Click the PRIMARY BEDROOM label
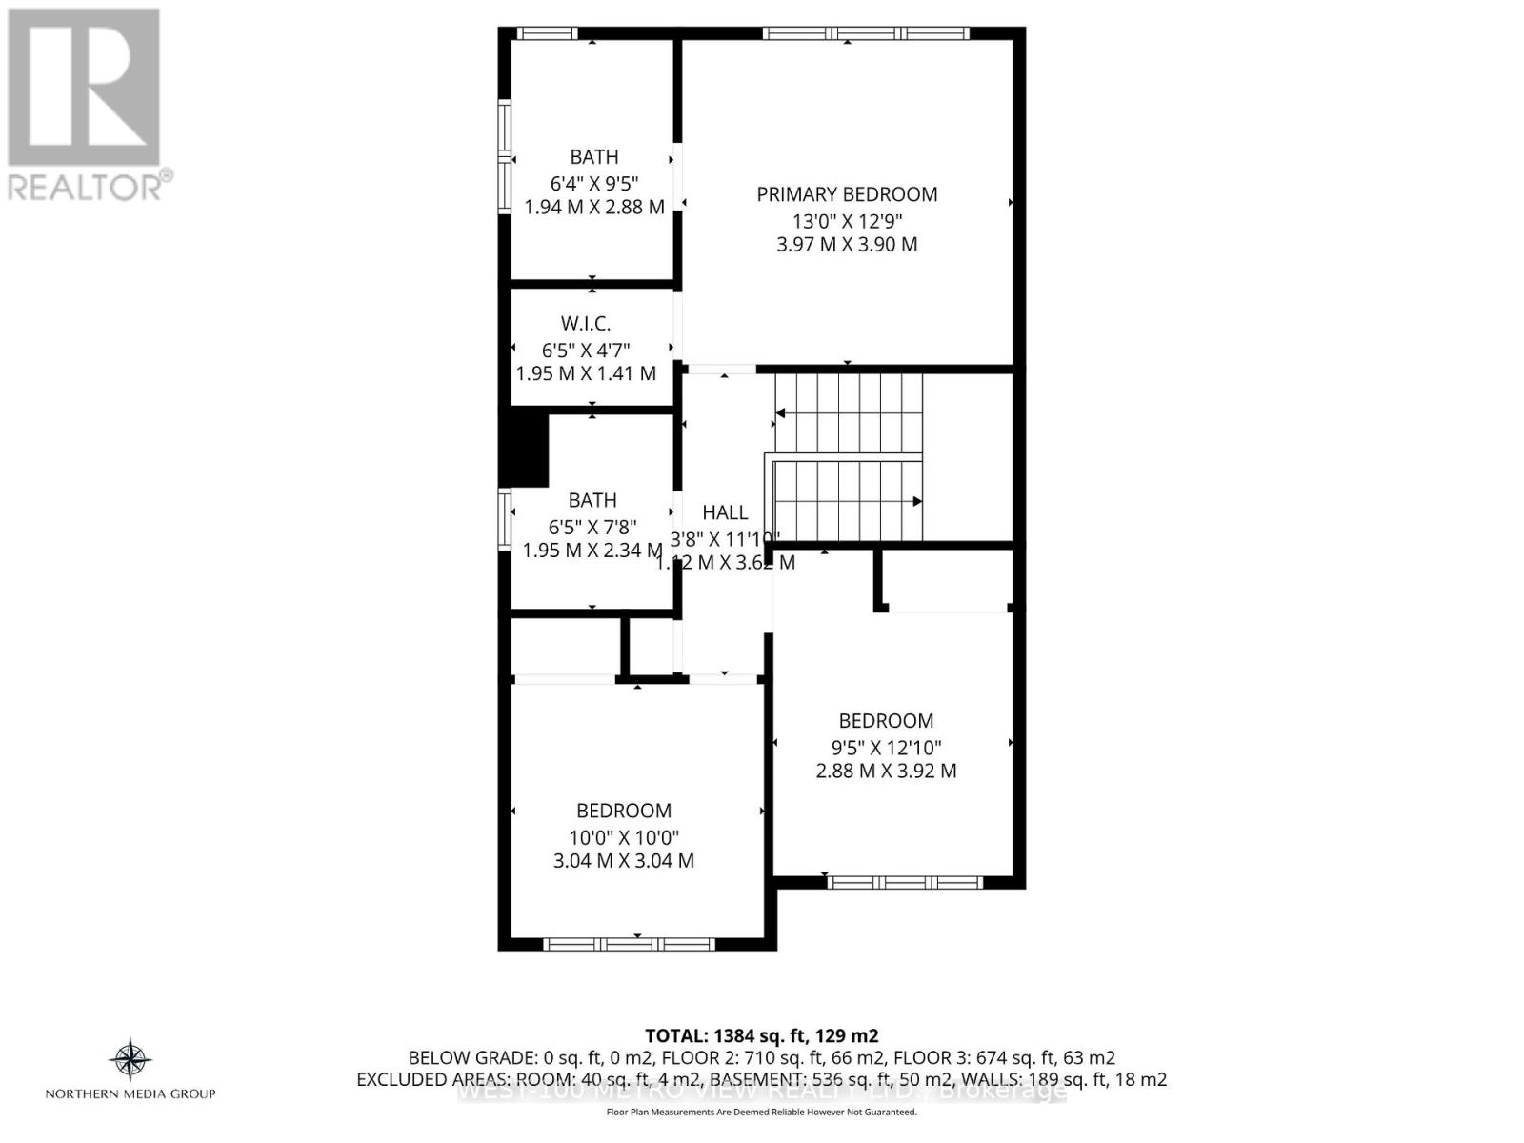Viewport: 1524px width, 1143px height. pyautogui.click(x=847, y=194)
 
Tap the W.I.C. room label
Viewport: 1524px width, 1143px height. pyautogui.click(x=586, y=324)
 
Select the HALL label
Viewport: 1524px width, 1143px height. pyautogui.click(x=725, y=512)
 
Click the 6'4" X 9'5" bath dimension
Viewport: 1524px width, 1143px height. pyautogui.click(x=593, y=182)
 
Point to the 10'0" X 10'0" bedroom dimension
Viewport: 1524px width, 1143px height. pyautogui.click(x=624, y=837)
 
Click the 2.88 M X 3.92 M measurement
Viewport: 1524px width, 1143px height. pyautogui.click(x=886, y=771)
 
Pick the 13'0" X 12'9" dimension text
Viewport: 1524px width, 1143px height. pyautogui.click(x=847, y=220)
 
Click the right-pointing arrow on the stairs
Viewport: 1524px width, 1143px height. pyautogui.click(x=916, y=501)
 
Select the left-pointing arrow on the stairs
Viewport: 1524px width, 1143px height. pyautogui.click(x=780, y=413)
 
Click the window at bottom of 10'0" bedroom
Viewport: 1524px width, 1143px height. pyautogui.click(x=629, y=944)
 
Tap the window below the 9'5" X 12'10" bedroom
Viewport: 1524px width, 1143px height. pyautogui.click(x=904, y=882)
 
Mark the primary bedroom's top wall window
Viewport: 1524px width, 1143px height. pyautogui.click(x=865, y=33)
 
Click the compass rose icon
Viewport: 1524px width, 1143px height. pyautogui.click(x=130, y=1059)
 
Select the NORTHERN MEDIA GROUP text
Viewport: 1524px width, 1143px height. pyautogui.click(x=130, y=1093)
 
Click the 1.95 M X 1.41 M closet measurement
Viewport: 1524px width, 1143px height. pyautogui.click(x=586, y=373)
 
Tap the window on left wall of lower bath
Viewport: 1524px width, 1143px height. pyautogui.click(x=505, y=519)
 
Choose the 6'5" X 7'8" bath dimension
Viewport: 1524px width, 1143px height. pyautogui.click(x=592, y=526)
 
